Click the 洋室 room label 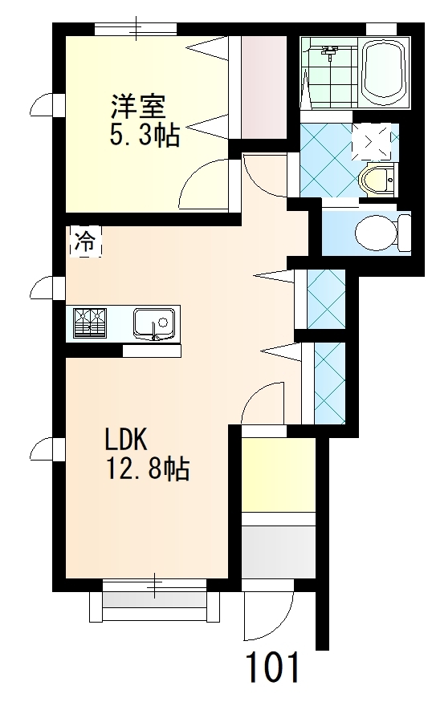click(138, 107)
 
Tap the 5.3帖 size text click(145, 134)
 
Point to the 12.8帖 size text click(148, 468)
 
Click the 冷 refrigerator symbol click(85, 241)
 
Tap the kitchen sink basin click(153, 323)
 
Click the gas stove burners click(90, 323)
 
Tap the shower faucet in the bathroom click(329, 52)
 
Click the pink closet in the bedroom click(264, 87)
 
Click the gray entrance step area click(279, 552)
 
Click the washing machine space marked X click(371, 142)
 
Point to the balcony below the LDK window click(155, 607)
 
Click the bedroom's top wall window click(136, 29)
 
